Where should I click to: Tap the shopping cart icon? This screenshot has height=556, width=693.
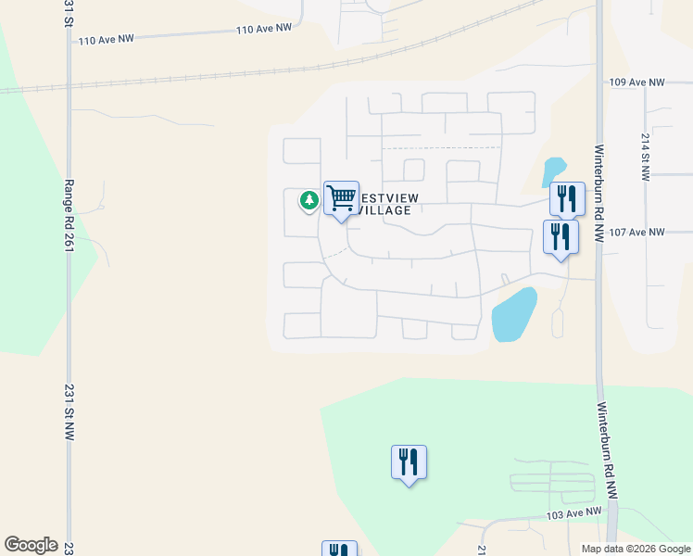(341, 197)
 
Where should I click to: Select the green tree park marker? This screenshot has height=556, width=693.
(309, 200)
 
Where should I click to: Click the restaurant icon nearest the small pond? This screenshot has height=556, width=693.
(566, 197)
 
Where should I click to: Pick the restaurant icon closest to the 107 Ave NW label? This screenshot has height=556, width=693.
(561, 235)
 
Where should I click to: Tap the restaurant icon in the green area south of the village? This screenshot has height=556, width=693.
(409, 461)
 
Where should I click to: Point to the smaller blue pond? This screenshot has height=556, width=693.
(553, 171)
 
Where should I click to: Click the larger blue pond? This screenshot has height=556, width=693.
(513, 314)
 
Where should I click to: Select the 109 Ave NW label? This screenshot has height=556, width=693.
(637, 82)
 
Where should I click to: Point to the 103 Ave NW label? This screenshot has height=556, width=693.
(574, 513)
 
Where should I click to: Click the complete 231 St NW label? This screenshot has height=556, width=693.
(68, 412)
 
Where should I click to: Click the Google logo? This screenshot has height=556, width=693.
(31, 545)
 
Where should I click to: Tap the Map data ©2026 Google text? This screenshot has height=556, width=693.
(636, 549)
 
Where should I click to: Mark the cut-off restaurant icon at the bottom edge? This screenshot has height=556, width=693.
(339, 550)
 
